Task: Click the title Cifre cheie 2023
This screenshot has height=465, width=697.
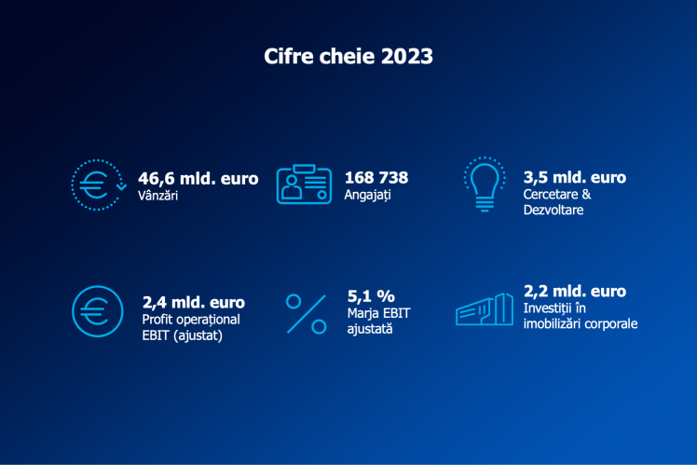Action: [x=348, y=57]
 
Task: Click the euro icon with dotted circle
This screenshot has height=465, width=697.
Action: [x=97, y=185]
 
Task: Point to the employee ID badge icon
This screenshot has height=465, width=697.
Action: [x=304, y=185]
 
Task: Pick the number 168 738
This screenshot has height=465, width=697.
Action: [x=376, y=177]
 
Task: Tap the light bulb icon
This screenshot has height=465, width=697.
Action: [x=484, y=185]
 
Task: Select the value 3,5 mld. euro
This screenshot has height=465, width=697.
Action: [x=575, y=177]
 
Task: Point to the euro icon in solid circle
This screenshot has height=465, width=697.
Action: [x=97, y=310]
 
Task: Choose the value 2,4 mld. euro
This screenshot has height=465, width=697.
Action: [x=194, y=303]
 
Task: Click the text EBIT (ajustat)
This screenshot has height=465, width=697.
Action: [x=184, y=335]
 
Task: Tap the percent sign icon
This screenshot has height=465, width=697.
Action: [x=306, y=314]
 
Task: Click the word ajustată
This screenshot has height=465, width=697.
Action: [x=369, y=328]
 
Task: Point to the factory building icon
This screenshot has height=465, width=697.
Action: [x=485, y=310]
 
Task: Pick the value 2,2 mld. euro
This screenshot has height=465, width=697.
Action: [x=575, y=292]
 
